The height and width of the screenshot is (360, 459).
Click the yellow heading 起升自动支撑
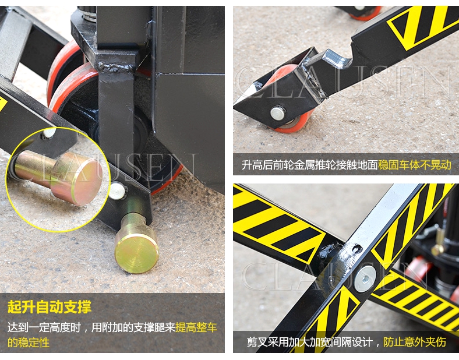(50, 307)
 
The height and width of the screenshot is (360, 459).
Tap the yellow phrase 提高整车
(196, 327)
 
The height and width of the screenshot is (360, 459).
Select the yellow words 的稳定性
(29, 343)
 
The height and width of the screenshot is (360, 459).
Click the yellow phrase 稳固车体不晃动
(415, 165)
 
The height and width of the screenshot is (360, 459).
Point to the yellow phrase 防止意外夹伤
(415, 341)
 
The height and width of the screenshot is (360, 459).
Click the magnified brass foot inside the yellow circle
(59, 177)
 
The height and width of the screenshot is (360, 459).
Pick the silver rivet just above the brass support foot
(117, 190)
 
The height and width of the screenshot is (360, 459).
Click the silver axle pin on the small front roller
(277, 112)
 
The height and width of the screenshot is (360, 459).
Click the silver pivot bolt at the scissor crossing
(365, 278)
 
